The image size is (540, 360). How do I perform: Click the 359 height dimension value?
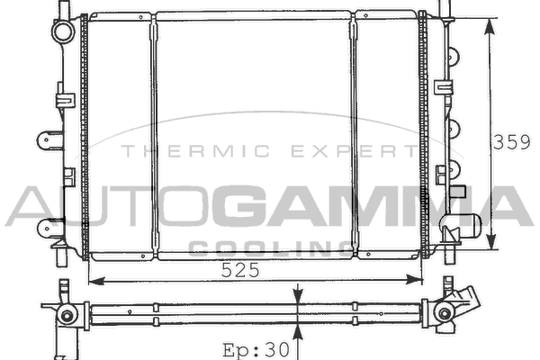pos(512,142)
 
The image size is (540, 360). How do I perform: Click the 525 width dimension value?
pos(240,270)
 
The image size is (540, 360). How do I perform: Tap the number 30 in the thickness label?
pos(276,350)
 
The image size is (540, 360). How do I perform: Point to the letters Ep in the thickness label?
pos(236,350)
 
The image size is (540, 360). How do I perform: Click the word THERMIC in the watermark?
pos(195,151)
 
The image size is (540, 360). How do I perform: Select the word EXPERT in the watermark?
pos(354,151)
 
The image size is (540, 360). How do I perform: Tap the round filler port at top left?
pos(63,31)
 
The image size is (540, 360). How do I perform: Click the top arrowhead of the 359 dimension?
pos(489,27)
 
